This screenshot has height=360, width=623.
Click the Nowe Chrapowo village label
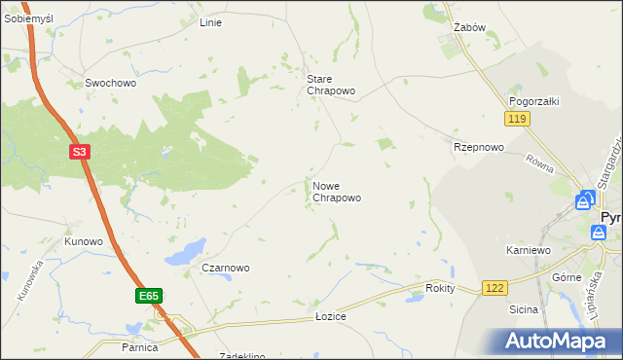point(337,191)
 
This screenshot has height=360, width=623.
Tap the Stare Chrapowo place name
point(331,85)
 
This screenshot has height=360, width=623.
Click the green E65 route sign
point(148,296)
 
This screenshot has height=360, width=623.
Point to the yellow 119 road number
point(517,119)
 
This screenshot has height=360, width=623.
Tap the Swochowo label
point(110,83)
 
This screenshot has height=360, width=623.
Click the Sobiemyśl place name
point(27,19)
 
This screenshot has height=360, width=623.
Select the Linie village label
point(210,21)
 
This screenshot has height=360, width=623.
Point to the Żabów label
point(469,28)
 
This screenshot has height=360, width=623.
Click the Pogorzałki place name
point(532,101)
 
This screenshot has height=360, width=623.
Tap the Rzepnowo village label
point(478,147)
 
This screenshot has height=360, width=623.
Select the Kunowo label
point(84,240)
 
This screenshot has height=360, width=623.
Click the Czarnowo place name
point(225,268)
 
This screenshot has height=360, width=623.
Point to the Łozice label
point(331,317)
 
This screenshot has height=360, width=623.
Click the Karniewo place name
point(529,250)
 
